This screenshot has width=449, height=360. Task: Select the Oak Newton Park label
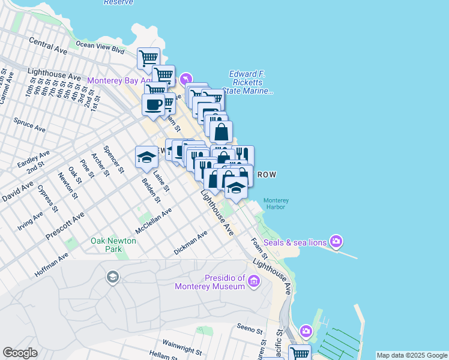pyautogui.click(x=113, y=245)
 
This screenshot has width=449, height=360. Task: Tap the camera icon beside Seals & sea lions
pyautogui.click(x=336, y=242)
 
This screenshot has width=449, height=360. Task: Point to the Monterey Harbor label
pyautogui.click(x=277, y=203)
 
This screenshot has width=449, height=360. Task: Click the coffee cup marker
pyautogui.click(x=153, y=104)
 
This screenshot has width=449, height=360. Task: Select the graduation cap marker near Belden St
pyautogui.click(x=146, y=157)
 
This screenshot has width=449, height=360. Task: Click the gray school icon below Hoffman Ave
pyautogui.click(x=112, y=277)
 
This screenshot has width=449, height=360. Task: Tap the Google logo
pyautogui.click(x=20, y=353)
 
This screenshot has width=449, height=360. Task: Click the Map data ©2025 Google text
pyautogui.click(x=412, y=355)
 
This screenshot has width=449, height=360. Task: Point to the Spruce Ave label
pyautogui.click(x=29, y=125)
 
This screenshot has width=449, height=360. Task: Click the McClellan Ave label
pyautogui.click(x=154, y=221)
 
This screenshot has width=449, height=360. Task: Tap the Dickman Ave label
pyautogui.click(x=190, y=241)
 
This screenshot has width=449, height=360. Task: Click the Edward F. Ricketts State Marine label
pyautogui.click(x=247, y=83)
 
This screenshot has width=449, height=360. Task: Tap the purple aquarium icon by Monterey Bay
pyautogui.click(x=186, y=79)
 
